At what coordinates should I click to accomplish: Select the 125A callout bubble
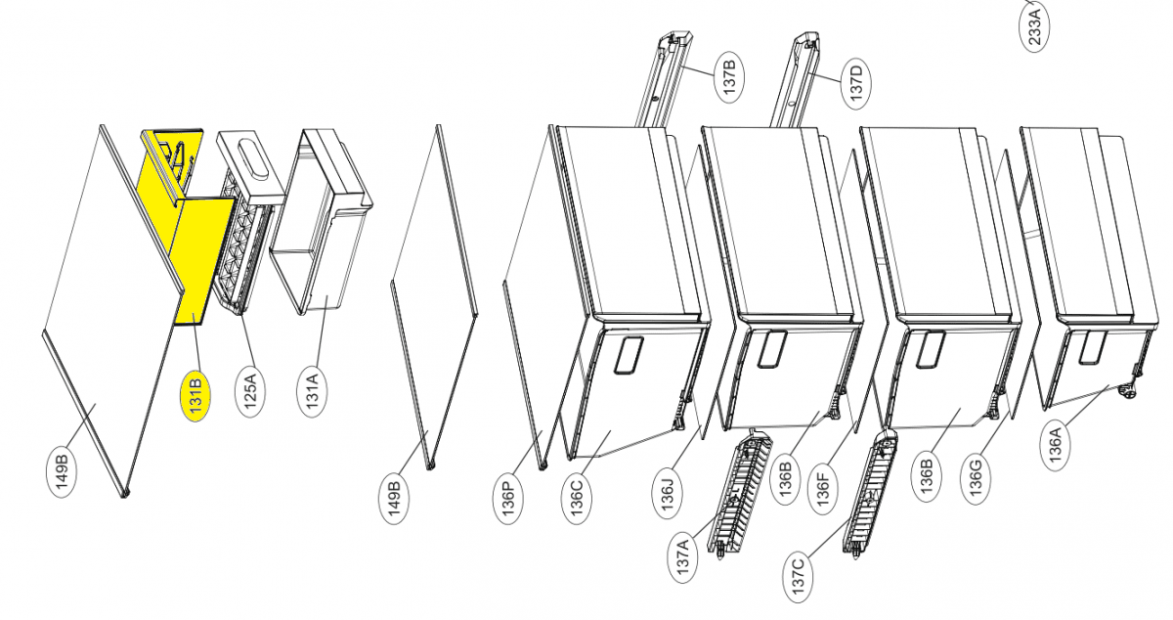coord(251,391)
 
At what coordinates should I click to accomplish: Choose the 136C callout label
coord(577,497)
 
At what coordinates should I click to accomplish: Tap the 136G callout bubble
coord(977,478)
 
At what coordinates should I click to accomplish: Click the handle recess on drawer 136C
coord(626,356)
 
